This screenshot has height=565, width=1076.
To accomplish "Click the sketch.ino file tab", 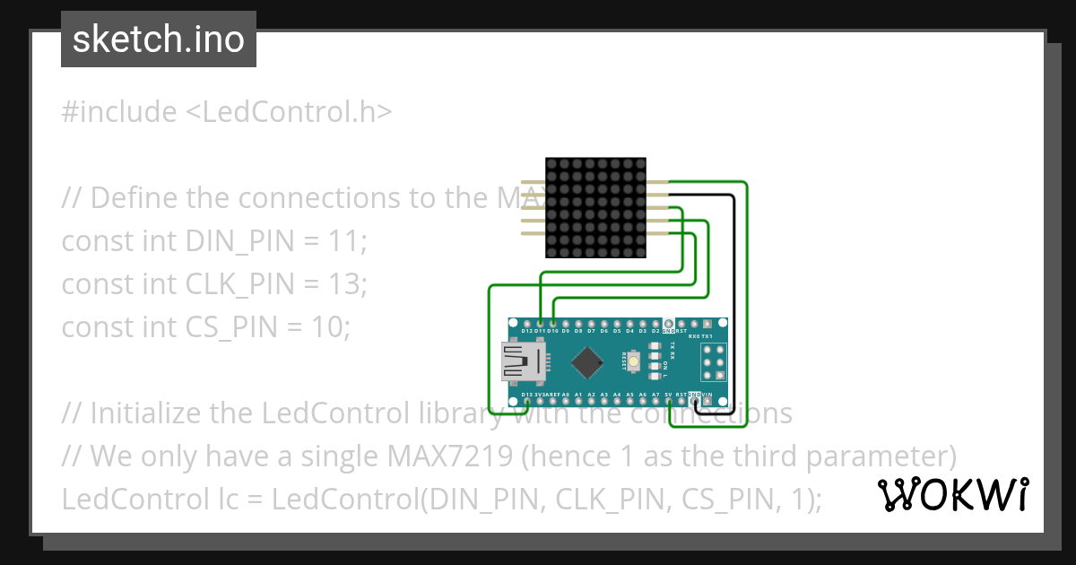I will (159, 39).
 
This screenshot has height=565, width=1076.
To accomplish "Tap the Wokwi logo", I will (953, 494).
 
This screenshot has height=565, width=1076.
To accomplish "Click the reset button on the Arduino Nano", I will (634, 361).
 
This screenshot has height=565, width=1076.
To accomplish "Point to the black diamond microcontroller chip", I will (587, 361).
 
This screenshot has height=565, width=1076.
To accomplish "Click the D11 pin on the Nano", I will (540, 323).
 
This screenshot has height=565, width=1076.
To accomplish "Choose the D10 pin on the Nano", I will (553, 323).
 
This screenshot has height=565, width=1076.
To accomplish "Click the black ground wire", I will (733, 296).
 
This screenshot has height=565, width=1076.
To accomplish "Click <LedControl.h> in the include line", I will (289, 112).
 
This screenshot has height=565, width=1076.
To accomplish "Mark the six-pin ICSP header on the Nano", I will (714, 362).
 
